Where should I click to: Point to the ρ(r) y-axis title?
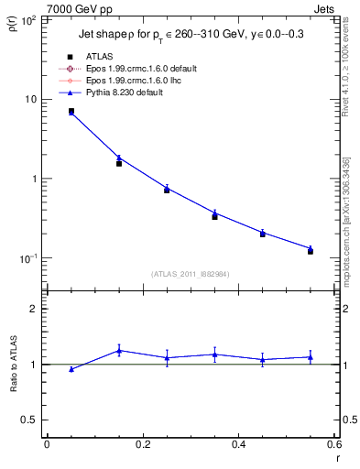tap(13, 23)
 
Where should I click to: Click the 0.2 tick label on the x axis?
tap(142, 444)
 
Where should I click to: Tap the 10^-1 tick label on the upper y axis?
tap(27, 257)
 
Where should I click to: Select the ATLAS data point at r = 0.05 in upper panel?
tap(71, 111)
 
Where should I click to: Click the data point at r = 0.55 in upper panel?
tap(311, 250)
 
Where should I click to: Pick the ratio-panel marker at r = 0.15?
tap(119, 350)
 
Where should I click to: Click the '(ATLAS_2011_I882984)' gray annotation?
tap(190, 274)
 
